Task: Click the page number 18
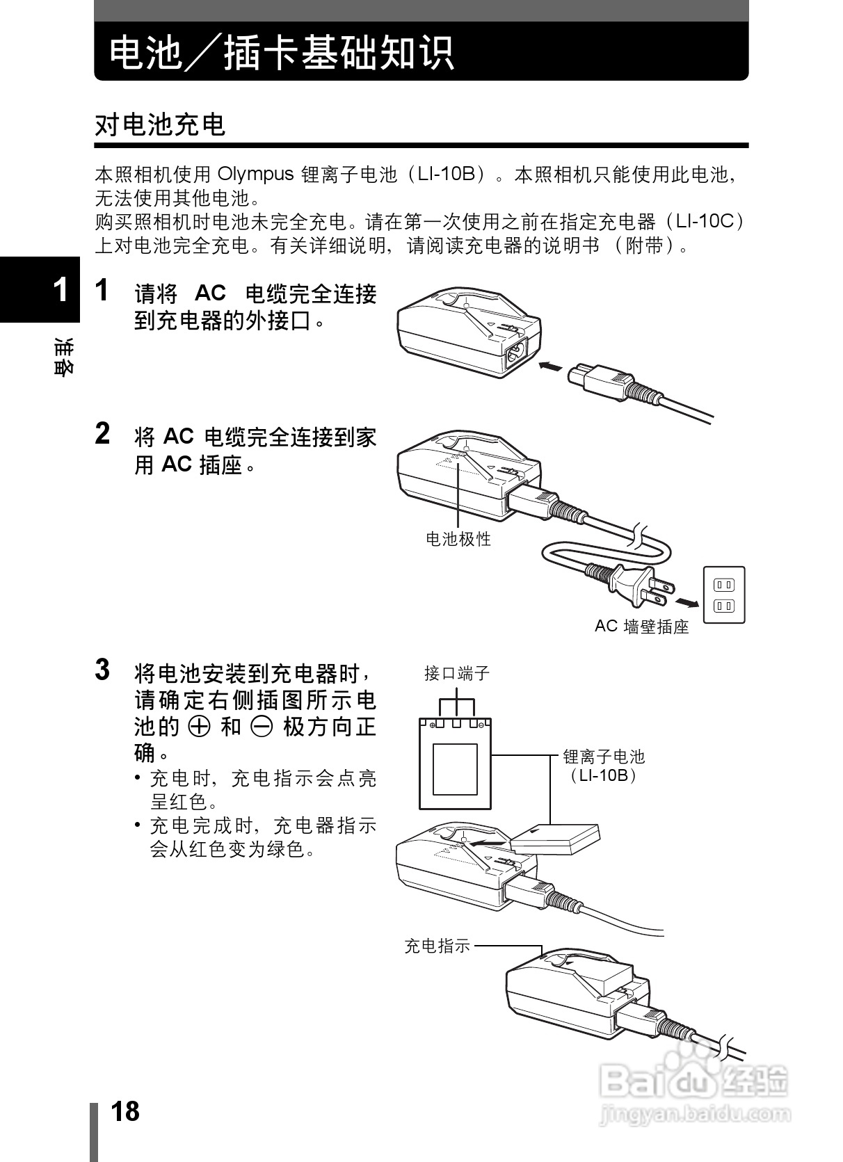[x=125, y=1111]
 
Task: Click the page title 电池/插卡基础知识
[x=282, y=53]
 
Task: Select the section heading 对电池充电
[x=161, y=125]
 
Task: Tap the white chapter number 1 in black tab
[x=61, y=291]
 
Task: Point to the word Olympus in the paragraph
[x=256, y=174]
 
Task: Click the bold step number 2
[x=102, y=434]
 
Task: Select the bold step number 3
[x=102, y=670]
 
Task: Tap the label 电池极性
[x=458, y=538]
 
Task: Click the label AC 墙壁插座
[x=641, y=627]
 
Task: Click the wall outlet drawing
[x=724, y=595]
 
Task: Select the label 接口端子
[x=457, y=672]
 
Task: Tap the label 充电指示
[x=437, y=946]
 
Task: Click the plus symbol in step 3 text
[x=200, y=727]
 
